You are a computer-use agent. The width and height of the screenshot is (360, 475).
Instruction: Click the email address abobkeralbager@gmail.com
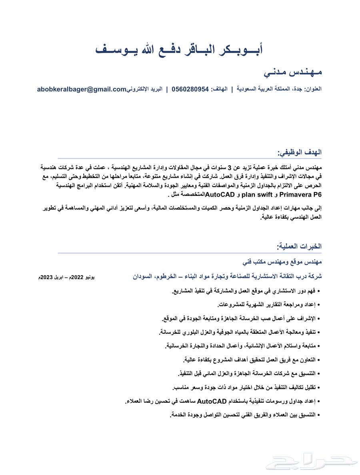82,89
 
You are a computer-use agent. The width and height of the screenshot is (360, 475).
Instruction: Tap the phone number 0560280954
190,89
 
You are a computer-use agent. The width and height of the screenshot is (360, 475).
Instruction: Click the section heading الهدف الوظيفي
300,153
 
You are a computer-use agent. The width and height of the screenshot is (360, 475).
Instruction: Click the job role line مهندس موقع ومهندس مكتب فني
282,262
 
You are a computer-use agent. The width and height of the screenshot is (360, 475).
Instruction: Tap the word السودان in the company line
143,276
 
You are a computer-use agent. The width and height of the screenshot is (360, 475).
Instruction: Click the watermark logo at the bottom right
312,460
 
